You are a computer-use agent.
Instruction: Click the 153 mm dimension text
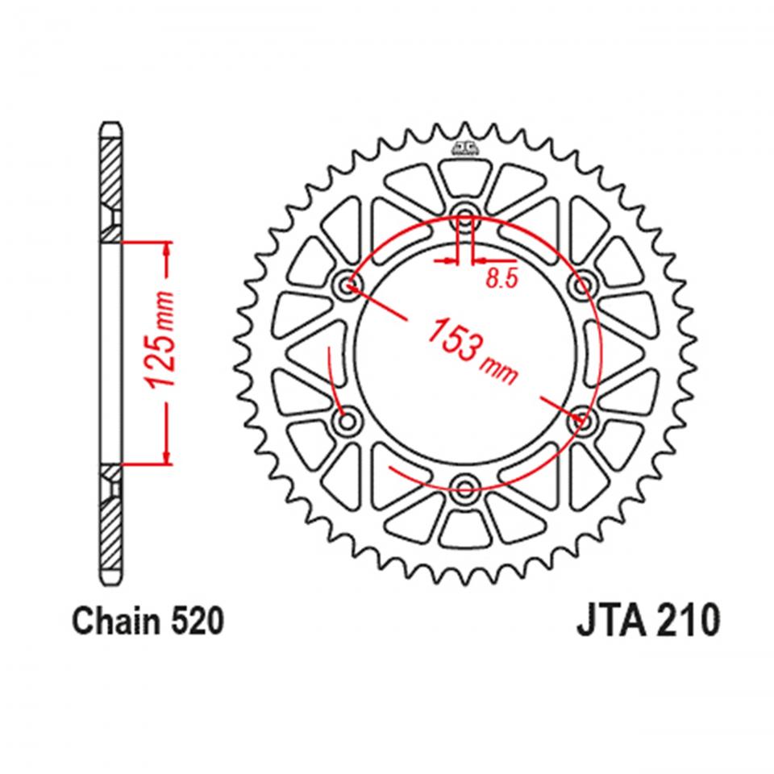click(472, 349)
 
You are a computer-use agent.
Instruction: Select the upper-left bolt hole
click(347, 284)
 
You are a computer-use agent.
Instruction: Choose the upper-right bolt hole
click(581, 284)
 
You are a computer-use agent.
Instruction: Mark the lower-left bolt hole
click(347, 419)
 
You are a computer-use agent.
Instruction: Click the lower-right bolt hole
click(581, 419)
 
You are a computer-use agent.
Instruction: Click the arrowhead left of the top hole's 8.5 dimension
click(449, 261)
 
